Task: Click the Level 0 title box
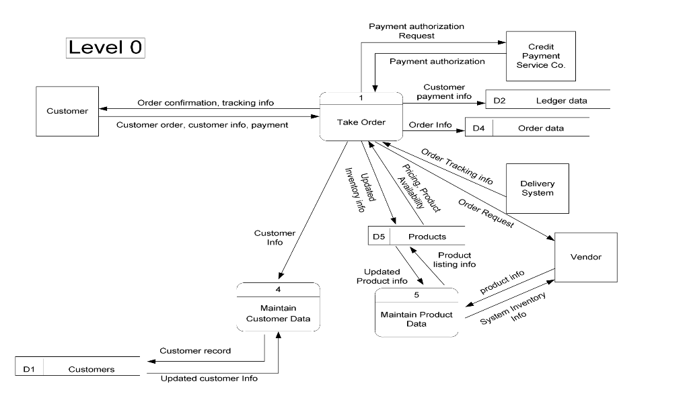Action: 106,47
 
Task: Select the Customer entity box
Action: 67,112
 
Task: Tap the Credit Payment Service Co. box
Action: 541,56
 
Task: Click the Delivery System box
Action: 537,188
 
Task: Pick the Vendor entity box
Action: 585,257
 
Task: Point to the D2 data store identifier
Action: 499,101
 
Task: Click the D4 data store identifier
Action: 479,128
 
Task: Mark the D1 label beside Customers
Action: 29,369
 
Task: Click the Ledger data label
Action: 561,101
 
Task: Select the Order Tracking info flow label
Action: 457,166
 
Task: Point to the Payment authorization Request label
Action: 416,31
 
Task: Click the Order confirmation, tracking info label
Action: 205,103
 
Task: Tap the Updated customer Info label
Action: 209,378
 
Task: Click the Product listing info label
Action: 456,260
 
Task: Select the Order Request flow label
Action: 486,213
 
